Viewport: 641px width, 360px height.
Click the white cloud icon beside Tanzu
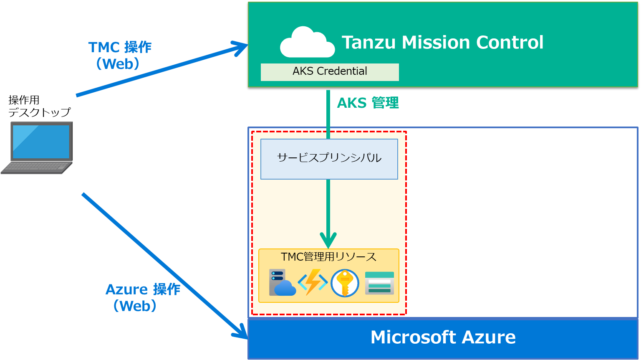coord(307,43)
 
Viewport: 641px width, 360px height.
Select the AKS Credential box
coord(330,72)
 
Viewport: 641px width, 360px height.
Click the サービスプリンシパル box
coord(329,159)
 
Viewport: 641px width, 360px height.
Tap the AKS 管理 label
coord(368,103)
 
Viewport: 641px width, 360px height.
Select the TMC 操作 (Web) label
coord(119,55)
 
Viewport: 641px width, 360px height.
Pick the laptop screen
coord(41,142)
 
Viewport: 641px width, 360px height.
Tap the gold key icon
coord(345,283)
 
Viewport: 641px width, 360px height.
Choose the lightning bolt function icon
coord(313,282)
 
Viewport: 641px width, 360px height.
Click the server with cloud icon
coord(282,283)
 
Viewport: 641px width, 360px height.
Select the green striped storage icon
coord(379,283)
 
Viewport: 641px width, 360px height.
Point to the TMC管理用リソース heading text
coord(329,256)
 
